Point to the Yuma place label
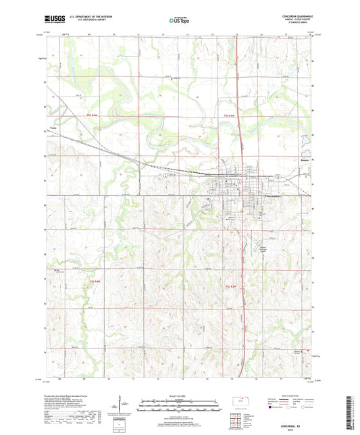pyautogui.click(x=53, y=126)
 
